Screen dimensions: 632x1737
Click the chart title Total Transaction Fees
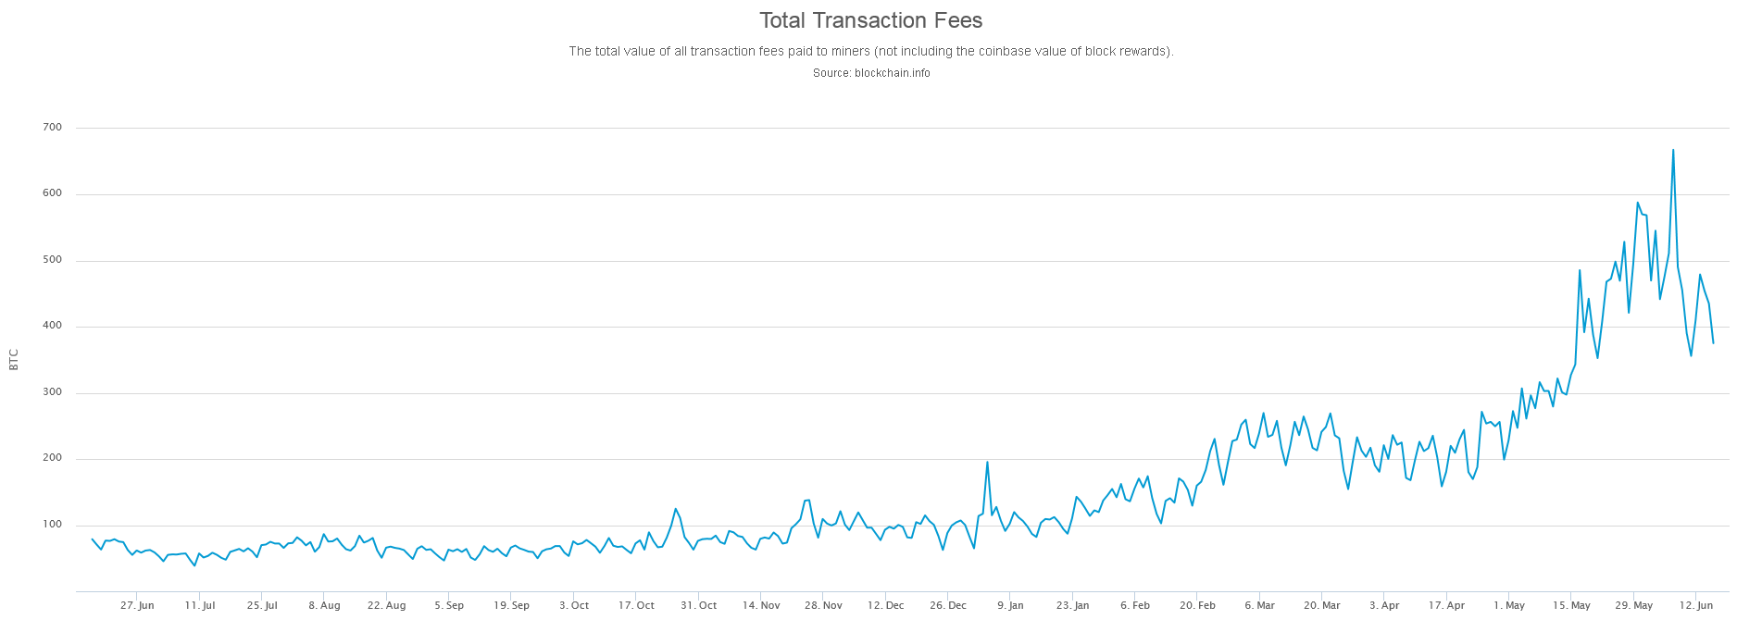coord(870,20)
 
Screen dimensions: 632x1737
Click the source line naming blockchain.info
coord(871,73)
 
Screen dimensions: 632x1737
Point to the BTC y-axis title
coord(14,360)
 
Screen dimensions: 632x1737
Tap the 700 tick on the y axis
coord(52,128)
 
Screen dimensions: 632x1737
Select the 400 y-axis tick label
coord(52,326)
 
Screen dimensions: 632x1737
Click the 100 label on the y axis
coord(52,525)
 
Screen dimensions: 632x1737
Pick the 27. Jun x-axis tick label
coord(137,606)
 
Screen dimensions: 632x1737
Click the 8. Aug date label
coord(324,606)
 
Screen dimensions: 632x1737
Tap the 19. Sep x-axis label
coord(511,606)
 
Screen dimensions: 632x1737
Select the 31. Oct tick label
coord(698,606)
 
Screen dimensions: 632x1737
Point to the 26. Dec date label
coord(948,606)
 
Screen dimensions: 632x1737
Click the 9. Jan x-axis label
coord(1010,606)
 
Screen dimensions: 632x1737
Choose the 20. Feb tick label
coord(1197,606)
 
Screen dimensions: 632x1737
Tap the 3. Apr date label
coord(1384,606)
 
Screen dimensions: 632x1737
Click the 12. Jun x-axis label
coord(1696,606)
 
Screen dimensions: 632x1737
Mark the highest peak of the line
coord(1672,150)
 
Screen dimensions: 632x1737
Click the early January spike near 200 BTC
coord(987,462)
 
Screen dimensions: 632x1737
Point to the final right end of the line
coord(1713,343)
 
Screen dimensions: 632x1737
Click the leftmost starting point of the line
coord(93,539)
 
